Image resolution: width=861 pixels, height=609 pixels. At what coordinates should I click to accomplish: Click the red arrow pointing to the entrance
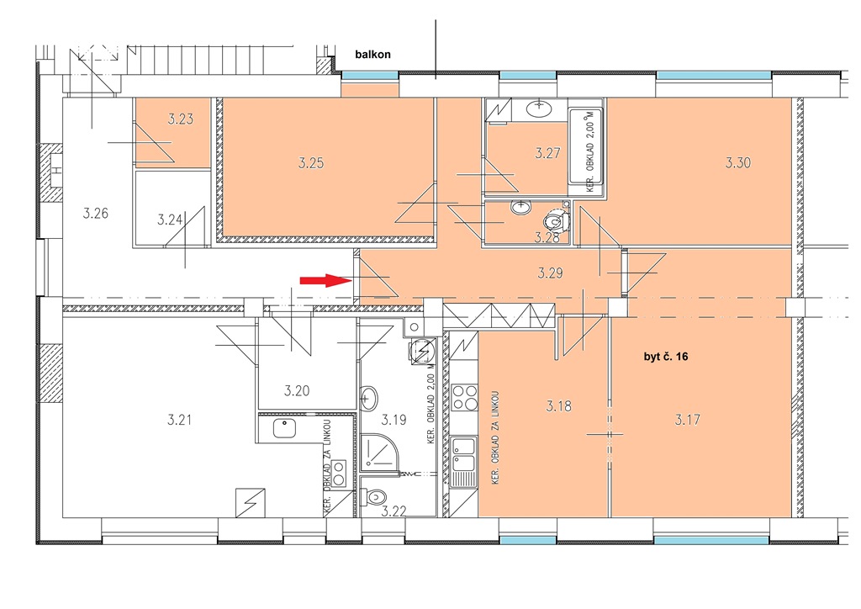click(325, 281)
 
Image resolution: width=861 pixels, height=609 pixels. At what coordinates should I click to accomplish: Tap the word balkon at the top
click(372, 55)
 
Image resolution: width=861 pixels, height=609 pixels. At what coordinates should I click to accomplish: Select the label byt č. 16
click(666, 357)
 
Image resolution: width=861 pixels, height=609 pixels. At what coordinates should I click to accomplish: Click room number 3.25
click(311, 162)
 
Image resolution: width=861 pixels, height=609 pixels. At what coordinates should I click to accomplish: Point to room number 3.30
click(738, 162)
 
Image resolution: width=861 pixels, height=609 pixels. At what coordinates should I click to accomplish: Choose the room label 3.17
click(688, 420)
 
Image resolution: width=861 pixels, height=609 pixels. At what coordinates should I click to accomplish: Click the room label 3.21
click(180, 420)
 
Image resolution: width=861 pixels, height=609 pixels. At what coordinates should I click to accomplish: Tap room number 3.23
click(181, 119)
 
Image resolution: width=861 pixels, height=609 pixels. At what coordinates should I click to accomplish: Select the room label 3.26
click(96, 213)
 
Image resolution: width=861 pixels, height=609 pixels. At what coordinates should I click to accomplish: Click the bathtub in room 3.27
click(586, 147)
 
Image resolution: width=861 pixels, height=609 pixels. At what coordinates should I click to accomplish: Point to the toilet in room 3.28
click(556, 221)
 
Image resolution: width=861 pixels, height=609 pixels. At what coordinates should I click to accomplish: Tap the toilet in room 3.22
click(376, 497)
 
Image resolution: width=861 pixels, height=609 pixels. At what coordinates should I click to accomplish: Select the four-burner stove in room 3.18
click(464, 397)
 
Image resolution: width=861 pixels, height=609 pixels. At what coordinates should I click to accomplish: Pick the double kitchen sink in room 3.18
click(463, 461)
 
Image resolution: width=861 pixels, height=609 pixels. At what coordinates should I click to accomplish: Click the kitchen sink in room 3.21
click(283, 428)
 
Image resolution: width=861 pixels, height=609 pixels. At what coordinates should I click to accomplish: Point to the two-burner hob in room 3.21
click(339, 474)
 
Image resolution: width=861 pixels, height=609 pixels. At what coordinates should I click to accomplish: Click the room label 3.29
click(550, 273)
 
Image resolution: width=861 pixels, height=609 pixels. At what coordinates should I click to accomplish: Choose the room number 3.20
click(297, 391)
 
